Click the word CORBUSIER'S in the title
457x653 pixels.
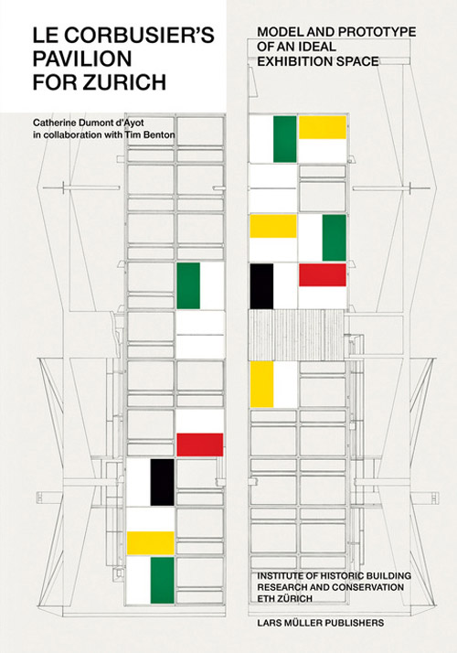coord(140,36)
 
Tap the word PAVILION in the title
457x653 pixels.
coord(82,59)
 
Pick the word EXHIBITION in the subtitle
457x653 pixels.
coord(295,61)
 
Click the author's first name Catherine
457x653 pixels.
coord(52,123)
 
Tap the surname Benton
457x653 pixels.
coord(160,134)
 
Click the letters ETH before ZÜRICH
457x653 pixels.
coord(266,598)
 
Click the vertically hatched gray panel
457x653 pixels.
coord(297,335)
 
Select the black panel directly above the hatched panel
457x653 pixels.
coord(261,286)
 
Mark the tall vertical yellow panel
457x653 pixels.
coord(261,384)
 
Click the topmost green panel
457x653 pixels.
coord(285,139)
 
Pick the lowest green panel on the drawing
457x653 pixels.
coord(163,580)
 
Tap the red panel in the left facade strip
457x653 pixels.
coord(200,444)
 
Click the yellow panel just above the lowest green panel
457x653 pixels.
coord(150,543)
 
